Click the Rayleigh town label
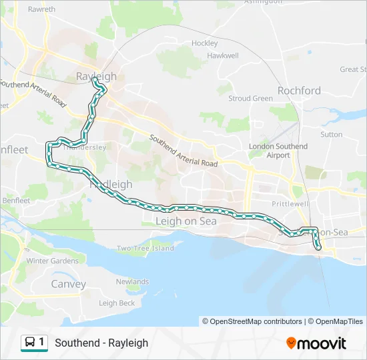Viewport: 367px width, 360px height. [96, 77]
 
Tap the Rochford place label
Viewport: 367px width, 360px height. [299, 91]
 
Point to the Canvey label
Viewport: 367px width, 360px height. [69, 284]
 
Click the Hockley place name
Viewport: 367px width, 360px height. [205, 43]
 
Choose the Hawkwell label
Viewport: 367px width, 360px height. [223, 56]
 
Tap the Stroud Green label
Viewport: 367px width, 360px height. [250, 99]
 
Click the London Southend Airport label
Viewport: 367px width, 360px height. [278, 151]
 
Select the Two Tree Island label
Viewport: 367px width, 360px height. [145, 249]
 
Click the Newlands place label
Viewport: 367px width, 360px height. [132, 282]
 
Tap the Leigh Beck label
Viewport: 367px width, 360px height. [117, 303]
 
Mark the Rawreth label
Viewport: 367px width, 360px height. [42, 10]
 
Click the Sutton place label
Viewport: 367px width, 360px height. [331, 135]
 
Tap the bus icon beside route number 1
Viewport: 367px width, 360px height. [31, 343]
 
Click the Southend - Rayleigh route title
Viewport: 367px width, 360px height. [101, 343]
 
